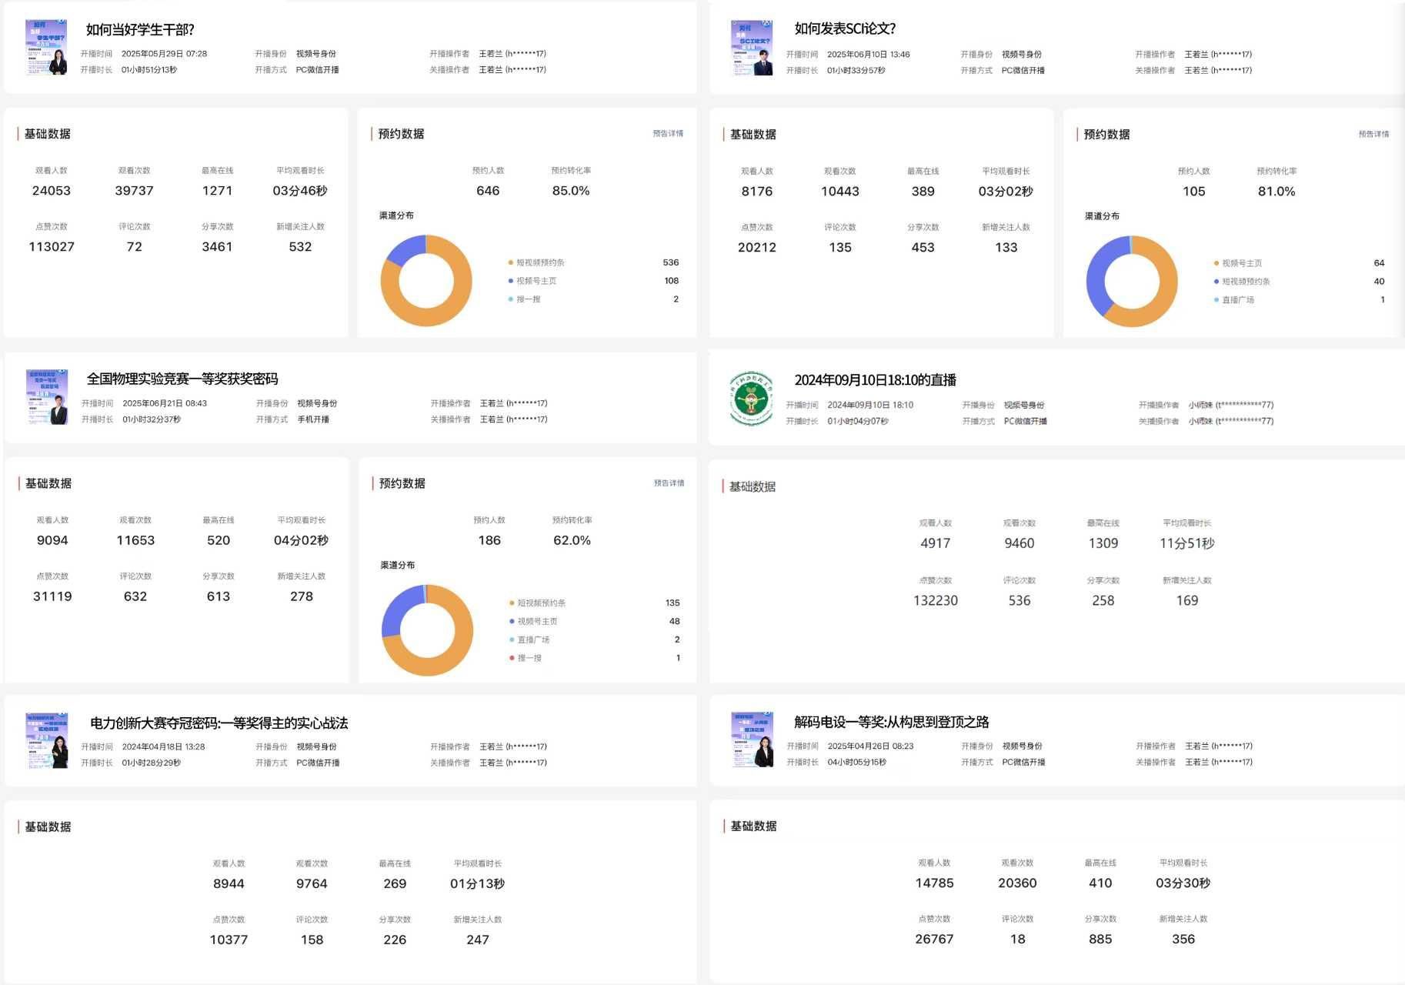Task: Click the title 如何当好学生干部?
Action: coord(140,30)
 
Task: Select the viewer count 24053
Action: coord(52,191)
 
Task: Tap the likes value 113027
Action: coord(52,247)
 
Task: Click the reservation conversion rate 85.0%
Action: coord(571,191)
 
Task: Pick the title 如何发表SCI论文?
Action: coord(845,28)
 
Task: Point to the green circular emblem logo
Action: coord(751,398)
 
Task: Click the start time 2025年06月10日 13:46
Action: coord(868,55)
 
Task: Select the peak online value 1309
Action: coord(1103,543)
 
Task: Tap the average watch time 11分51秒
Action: coord(1186,543)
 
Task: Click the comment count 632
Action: coord(135,596)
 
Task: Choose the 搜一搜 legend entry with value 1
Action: coord(529,658)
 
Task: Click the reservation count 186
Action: coord(489,540)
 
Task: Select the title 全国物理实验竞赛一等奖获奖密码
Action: coord(182,379)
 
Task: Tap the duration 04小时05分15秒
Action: coord(856,763)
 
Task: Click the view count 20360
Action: coord(1017,883)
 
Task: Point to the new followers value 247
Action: coord(478,940)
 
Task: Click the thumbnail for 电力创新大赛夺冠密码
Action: coord(47,740)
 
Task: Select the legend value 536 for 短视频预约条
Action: coord(670,262)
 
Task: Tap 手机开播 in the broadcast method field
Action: coord(313,419)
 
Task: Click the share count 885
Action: coord(1100,940)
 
